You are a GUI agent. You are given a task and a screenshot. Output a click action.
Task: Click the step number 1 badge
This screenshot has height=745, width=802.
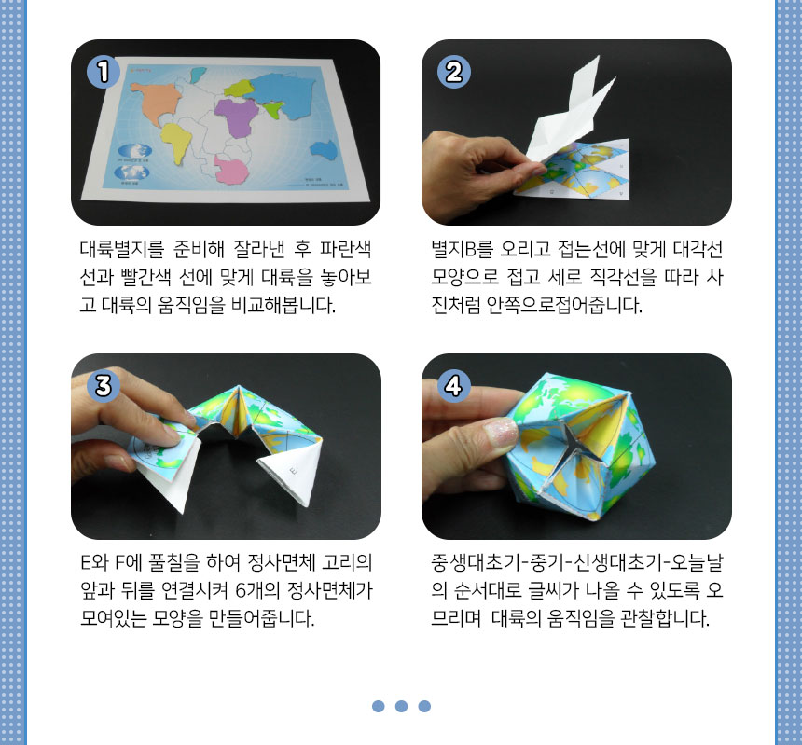coord(104,72)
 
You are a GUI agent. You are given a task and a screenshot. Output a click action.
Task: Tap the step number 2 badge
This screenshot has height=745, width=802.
coord(454,72)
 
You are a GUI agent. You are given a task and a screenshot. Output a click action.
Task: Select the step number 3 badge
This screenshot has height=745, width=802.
coord(104,385)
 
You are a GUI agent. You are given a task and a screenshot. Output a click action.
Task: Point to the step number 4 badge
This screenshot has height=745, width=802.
coord(454,385)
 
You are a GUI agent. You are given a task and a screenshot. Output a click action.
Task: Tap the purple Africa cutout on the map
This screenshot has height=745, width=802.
coord(237,117)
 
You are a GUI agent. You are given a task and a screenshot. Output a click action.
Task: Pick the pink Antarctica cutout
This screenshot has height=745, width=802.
coord(230,170)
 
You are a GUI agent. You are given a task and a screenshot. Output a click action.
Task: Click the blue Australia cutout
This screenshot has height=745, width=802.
coord(325,149)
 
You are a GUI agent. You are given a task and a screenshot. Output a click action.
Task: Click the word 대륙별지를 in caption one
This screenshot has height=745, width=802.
coord(122,249)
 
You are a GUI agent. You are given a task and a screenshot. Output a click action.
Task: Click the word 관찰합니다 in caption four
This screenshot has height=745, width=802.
coord(665,618)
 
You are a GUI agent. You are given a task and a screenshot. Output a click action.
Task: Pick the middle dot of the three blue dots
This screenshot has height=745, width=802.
coord(402,706)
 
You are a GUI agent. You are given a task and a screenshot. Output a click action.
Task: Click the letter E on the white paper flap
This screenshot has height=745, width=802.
coord(293,470)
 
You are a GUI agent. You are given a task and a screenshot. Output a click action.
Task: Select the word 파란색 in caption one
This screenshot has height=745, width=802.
coord(346,249)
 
